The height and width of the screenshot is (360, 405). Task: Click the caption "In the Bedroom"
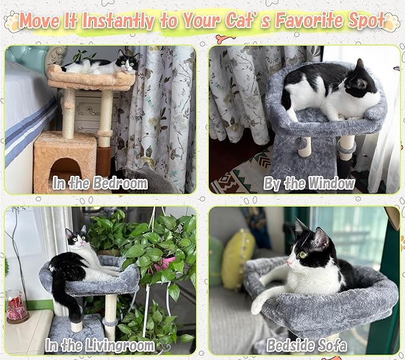pos(100,183)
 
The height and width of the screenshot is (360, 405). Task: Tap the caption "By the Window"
pos(309,183)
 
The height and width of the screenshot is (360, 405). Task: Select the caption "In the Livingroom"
pos(101,344)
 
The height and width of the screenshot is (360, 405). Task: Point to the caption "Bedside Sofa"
pos(309,345)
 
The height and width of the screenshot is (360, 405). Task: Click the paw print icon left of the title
pos(13,23)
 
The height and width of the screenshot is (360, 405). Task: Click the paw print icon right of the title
pos(391,23)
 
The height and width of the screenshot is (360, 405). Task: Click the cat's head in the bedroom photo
pos(127,61)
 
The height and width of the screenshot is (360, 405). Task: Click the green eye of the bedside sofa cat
pos(302,255)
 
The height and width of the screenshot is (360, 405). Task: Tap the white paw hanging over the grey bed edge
pos(258,305)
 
